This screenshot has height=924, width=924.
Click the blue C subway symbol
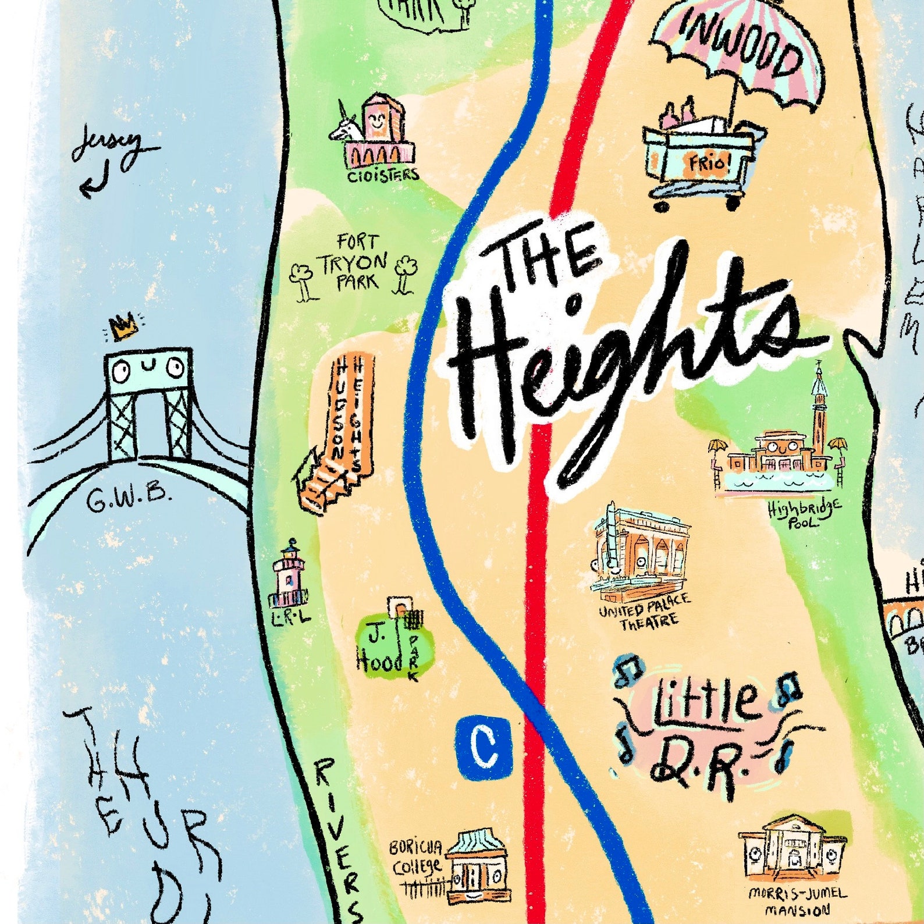485,747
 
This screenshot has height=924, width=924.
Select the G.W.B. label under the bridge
129,499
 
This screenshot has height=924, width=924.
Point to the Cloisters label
383,174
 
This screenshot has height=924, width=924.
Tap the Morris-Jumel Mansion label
797,902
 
